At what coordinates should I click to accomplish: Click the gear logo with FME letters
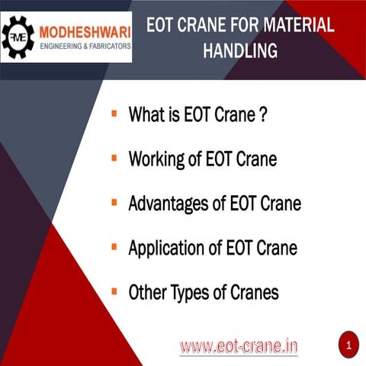(19, 37)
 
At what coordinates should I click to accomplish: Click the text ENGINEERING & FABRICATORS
(84, 46)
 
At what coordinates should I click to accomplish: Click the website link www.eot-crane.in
(239, 347)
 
